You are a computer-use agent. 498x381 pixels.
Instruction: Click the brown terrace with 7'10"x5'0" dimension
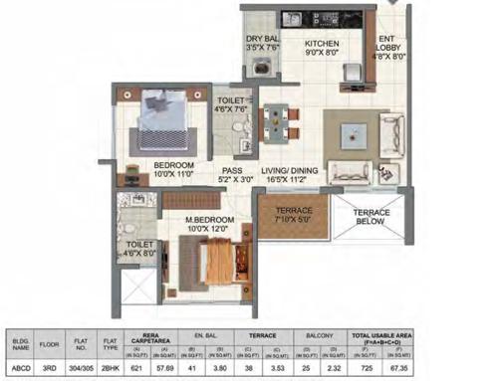click(x=288, y=220)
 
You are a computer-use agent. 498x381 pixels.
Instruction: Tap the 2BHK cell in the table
click(x=124, y=366)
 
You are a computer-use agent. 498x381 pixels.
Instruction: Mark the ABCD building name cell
click(x=21, y=366)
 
